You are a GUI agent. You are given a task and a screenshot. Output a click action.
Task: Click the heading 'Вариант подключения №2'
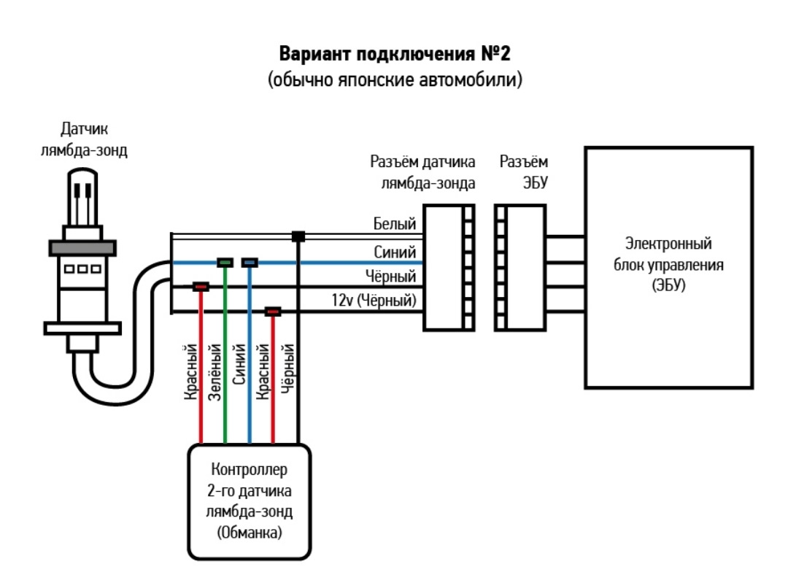coord(395,55)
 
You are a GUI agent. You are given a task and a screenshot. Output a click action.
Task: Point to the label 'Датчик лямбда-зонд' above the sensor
coord(85,141)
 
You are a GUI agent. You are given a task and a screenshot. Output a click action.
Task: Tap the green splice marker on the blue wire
coord(225,261)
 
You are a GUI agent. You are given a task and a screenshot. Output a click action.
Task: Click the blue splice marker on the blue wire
coord(250,261)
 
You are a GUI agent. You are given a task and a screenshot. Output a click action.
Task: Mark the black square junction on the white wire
coord(298,236)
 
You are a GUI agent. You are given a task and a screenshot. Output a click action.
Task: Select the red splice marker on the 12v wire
coord(273,312)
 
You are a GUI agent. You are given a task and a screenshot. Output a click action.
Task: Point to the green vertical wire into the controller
coord(225,409)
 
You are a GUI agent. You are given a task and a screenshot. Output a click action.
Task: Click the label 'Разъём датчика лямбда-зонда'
coord(423,171)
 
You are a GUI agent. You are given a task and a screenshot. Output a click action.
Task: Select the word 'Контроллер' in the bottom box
coord(250,468)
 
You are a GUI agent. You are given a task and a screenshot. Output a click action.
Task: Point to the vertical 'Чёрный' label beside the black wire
coord(287,368)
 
